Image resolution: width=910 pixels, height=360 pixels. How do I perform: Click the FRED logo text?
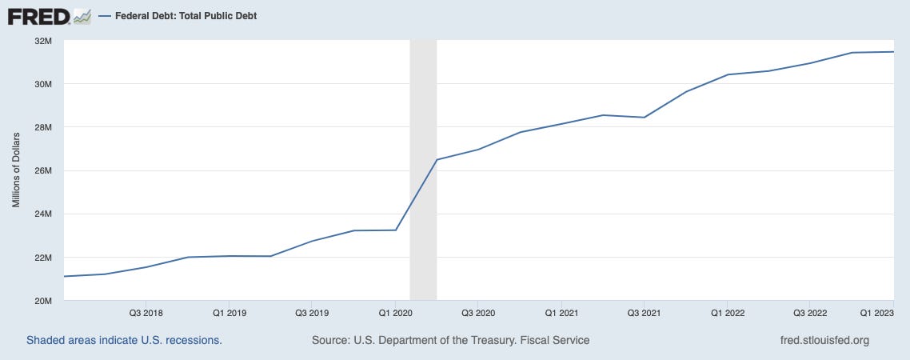pyautogui.click(x=38, y=15)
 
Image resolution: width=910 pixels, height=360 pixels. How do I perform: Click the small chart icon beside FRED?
pyautogui.click(x=82, y=15)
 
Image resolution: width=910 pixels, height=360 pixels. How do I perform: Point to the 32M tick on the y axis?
pyautogui.click(x=42, y=40)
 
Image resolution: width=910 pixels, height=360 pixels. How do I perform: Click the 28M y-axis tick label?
pyautogui.click(x=42, y=127)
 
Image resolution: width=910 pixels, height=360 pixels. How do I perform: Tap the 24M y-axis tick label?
pyautogui.click(x=42, y=214)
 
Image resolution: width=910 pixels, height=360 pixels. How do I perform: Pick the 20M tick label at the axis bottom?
pyautogui.click(x=42, y=301)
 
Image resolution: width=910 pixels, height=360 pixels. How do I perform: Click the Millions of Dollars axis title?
pyautogui.click(x=16, y=170)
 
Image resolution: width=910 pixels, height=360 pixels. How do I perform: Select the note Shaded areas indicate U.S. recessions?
pyautogui.click(x=124, y=340)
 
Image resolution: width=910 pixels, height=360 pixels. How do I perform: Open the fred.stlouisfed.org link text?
pyautogui.click(x=824, y=340)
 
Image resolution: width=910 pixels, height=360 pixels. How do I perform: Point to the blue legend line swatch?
pyautogui.click(x=104, y=15)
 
